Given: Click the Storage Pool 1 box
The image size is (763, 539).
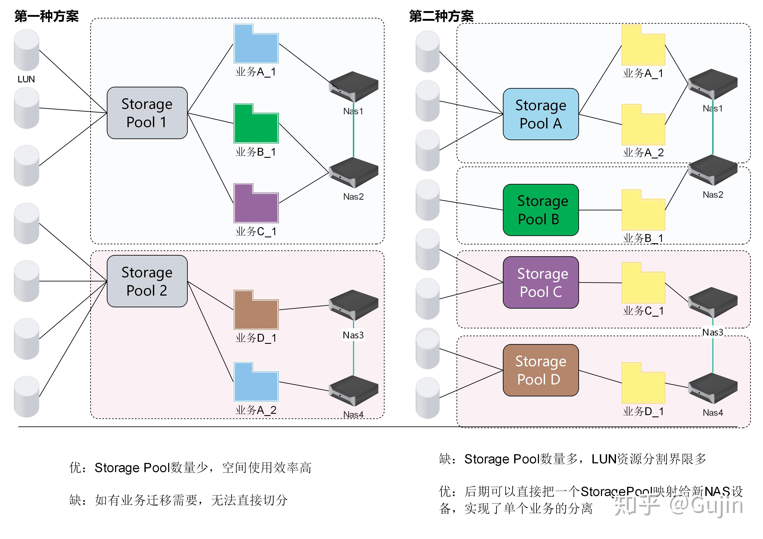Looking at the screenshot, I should click(147, 113).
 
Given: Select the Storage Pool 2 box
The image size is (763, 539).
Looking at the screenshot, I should click(147, 281).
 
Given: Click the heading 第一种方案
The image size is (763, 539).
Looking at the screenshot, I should click(47, 16).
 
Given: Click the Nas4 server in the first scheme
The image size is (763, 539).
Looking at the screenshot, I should click(353, 391).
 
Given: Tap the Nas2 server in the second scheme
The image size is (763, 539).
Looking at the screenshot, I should click(713, 170).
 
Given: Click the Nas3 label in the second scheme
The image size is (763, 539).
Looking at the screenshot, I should click(713, 332).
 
